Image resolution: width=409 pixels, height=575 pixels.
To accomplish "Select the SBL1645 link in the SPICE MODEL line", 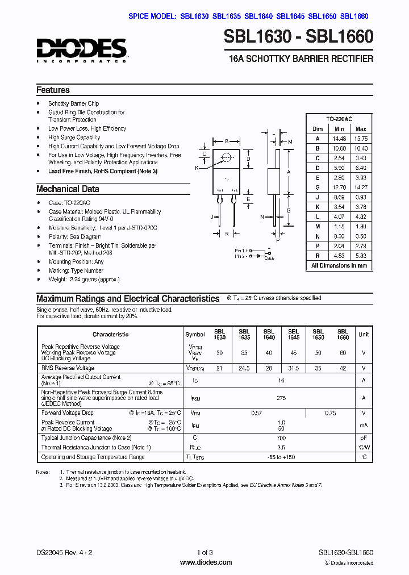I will [291, 16].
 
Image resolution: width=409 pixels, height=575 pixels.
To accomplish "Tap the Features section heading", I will [53, 90].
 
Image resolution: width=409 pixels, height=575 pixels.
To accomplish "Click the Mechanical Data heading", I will [68, 189].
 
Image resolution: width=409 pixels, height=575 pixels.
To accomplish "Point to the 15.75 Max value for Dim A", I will [361, 138].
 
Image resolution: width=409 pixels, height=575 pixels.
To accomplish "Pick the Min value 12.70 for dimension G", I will [339, 187].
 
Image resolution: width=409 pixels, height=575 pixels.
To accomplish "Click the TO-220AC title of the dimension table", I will [339, 119].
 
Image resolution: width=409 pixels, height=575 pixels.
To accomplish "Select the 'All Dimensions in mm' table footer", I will [339, 265].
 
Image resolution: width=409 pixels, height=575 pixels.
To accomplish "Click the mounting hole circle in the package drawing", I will [227, 157].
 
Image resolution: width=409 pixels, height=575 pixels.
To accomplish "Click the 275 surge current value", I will [281, 398].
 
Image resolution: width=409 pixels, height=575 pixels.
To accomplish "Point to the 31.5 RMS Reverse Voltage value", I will [293, 368].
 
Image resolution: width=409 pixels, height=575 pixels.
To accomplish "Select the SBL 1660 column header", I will [343, 335].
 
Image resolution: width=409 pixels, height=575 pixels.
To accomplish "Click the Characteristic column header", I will [111, 335].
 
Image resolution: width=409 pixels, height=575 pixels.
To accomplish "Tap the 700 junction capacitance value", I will [281, 438].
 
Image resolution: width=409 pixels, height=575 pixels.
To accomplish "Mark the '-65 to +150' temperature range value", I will [281, 457].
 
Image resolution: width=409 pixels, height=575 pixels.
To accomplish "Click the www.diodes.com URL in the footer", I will [206, 562].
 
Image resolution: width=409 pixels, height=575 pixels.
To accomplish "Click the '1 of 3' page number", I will [204, 552].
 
